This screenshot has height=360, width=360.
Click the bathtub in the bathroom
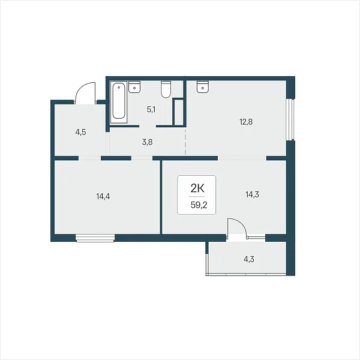119,102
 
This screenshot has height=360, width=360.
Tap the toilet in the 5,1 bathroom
166,89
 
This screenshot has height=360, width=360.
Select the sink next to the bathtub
134,87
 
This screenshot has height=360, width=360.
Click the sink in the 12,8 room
203,87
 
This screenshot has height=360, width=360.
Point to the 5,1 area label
151,110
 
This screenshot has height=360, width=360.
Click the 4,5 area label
80,132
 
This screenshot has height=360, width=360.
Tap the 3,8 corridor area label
147,142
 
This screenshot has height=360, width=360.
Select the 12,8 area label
246,122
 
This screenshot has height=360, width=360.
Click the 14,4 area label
103,196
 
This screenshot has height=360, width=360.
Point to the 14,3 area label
252,194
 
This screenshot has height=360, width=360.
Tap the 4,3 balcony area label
249,259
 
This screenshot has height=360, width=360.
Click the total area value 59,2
199,205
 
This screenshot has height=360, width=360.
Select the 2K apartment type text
197,188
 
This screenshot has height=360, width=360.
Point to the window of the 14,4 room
95,238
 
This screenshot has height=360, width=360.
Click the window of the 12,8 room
290,119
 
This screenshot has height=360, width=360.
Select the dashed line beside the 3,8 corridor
185,142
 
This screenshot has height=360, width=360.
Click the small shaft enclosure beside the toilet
179,112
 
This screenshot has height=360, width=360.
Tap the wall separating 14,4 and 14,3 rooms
161,197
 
